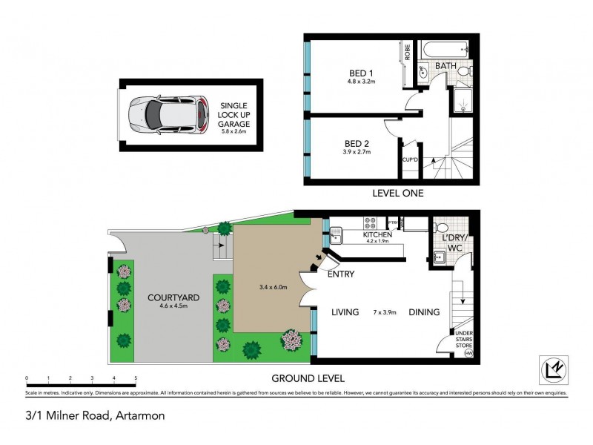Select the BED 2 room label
[357, 142]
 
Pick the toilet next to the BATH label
[465, 71]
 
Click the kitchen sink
[336, 236]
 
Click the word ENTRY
[340, 274]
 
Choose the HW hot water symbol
[468, 353]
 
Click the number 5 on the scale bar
[136, 378]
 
